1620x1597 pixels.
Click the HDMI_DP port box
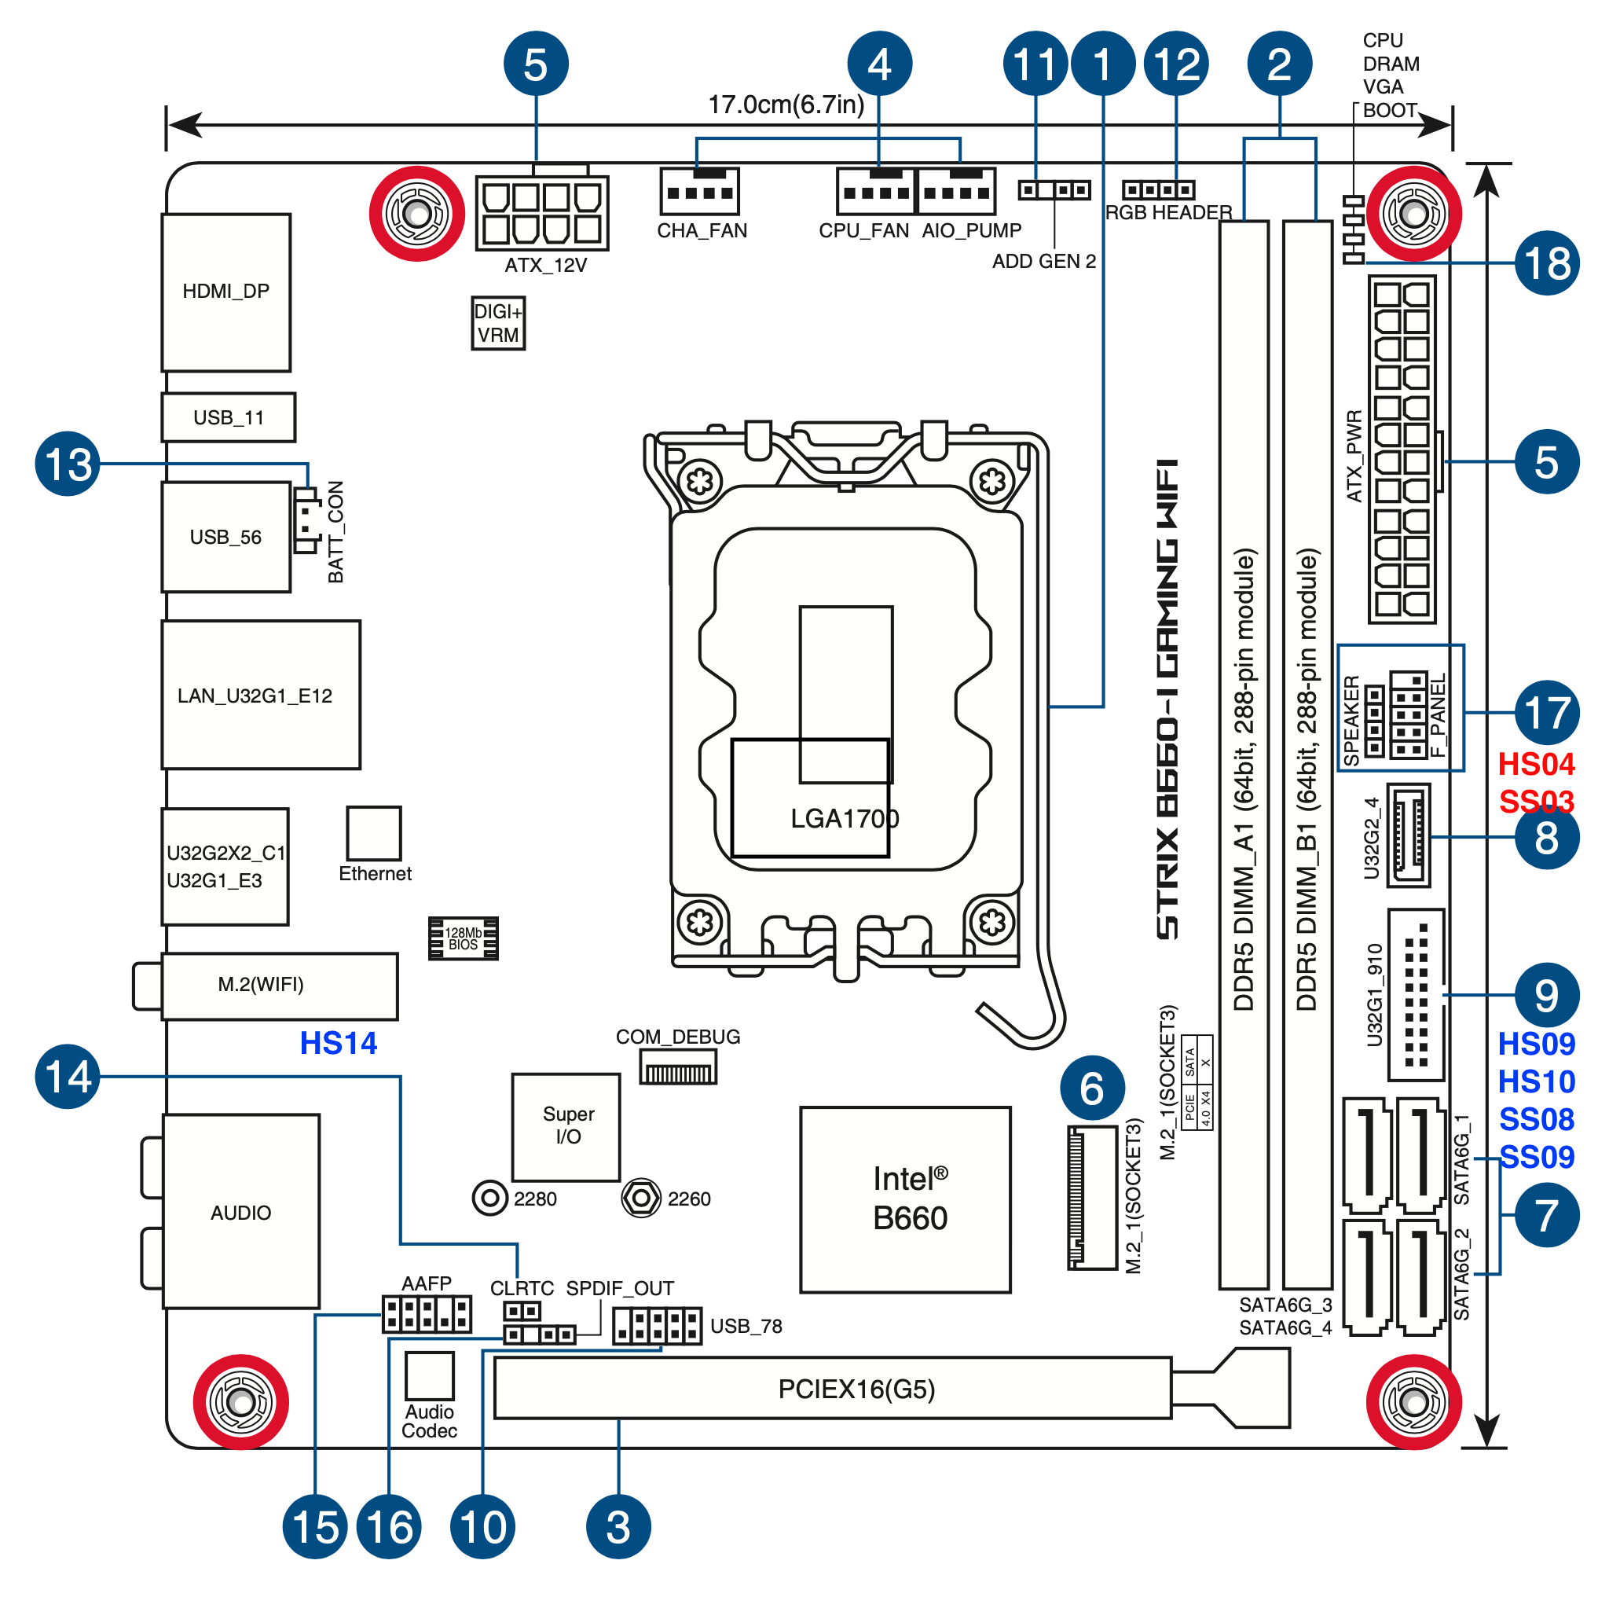point(225,292)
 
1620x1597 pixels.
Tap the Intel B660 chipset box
point(906,1199)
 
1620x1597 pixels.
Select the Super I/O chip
point(566,1126)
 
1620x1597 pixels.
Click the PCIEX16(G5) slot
point(832,1388)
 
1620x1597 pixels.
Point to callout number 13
point(67,464)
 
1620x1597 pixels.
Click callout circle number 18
point(1546,263)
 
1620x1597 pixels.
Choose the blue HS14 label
point(338,1043)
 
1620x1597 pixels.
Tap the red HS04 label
point(1535,764)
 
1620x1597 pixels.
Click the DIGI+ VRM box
point(498,323)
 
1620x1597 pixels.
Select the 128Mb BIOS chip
point(463,938)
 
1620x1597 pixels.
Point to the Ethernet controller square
point(374,833)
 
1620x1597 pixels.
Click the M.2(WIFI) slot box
point(279,986)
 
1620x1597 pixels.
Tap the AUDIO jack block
point(240,1211)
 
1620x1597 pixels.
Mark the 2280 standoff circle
point(489,1198)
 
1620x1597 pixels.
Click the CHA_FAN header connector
point(699,191)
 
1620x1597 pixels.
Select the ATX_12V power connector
point(541,213)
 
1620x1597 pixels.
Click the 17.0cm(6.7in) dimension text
point(786,105)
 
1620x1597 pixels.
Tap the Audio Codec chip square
point(429,1375)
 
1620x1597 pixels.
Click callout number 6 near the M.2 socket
point(1092,1089)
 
